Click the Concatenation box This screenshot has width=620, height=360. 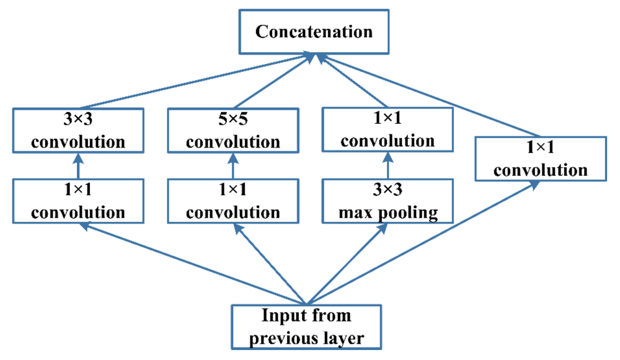pos(314,32)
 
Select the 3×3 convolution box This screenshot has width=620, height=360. pos(78,130)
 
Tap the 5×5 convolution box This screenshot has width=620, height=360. pos(233,130)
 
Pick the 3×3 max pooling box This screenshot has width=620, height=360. pos(388,201)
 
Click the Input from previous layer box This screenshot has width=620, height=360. pos(306,327)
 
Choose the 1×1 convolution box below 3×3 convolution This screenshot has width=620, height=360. pos(78,201)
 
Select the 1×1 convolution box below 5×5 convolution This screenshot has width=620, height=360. pos(233,201)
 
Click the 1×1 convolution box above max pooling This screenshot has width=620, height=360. pos(388,130)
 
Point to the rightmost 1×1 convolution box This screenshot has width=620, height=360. pos(541,159)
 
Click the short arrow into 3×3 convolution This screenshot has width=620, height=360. pos(78,166)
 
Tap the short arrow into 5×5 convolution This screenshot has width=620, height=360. pos(233,166)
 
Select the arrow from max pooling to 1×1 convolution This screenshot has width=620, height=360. pos(388,165)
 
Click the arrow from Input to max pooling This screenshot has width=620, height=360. pos(347,264)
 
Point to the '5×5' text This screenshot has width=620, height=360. pos(233,119)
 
